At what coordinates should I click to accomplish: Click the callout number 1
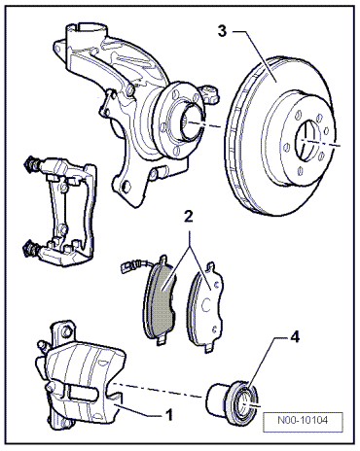point(169,414)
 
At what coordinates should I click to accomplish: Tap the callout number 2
point(189,217)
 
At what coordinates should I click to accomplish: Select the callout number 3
point(222,31)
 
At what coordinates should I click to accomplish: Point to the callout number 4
point(294,337)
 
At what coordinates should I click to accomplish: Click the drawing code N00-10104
point(303,420)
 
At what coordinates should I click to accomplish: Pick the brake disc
point(280,136)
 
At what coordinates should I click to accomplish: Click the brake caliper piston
point(232,399)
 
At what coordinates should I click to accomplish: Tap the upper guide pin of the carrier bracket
point(31,164)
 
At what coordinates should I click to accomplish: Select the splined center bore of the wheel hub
point(192,123)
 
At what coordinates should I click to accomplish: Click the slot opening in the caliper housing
point(83,393)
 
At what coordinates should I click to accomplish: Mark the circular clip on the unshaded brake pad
point(206,305)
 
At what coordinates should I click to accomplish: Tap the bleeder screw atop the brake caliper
point(43,346)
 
